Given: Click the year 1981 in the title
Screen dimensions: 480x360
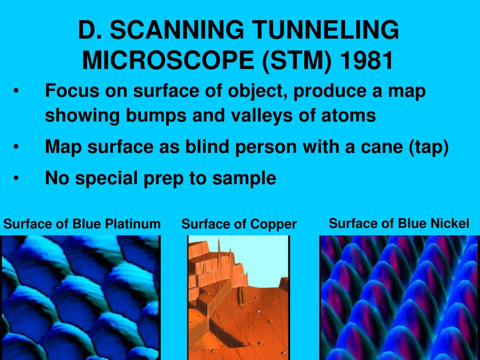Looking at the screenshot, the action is (367, 60).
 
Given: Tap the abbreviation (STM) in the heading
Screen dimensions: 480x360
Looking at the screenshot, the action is (297, 60).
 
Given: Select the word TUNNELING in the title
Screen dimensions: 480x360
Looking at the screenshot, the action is (325, 30).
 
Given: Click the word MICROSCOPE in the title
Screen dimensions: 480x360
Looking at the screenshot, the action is (168, 60).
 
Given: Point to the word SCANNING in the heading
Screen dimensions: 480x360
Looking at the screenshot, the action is (177, 30).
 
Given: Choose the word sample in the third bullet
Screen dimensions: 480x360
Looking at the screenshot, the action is (244, 178).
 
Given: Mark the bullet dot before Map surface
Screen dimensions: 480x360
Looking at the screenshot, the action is (16, 147).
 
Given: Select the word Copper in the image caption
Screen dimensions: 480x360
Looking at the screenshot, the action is (273, 225).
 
